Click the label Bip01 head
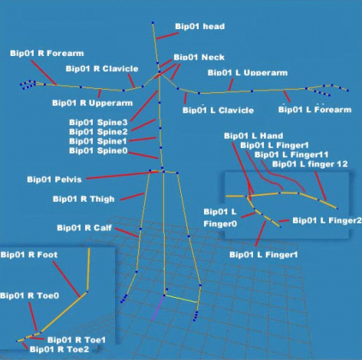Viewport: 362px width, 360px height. coord(199,26)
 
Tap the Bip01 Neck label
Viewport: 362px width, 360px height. coord(199,57)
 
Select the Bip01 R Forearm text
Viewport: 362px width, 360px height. coord(47,53)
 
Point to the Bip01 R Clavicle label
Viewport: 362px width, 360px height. coord(102,68)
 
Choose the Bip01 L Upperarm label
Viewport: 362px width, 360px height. coord(248,73)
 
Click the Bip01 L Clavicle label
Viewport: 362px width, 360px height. coord(218,111)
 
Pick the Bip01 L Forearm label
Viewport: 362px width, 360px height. coord(314,110)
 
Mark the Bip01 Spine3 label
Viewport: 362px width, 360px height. coord(98,122)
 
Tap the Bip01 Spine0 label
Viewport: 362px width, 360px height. coord(98,150)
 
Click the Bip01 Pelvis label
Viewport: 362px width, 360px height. coord(54,180)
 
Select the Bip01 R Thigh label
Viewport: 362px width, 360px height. coord(84,199)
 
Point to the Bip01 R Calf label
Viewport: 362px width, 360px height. coord(84,228)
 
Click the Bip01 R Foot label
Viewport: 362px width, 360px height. coord(29,255)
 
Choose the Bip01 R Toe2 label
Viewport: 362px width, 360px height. coord(59,349)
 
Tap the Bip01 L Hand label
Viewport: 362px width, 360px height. coord(253,136)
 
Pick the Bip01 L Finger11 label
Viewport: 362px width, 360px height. coord(291,154)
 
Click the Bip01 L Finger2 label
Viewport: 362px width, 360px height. coord(327,220)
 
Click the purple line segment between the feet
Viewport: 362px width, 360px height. coord(158,308)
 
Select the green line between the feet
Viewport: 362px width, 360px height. coord(181,299)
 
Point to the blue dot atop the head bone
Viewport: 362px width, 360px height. coord(153,23)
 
